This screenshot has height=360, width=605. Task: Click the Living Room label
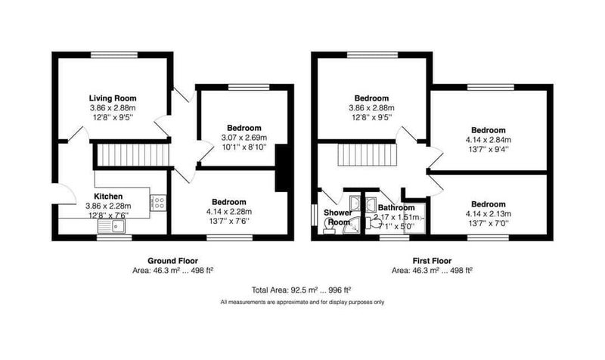point(113,98)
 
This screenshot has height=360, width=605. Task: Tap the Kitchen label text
point(108,197)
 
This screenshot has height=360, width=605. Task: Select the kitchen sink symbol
point(111,227)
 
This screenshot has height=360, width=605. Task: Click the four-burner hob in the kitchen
point(158,203)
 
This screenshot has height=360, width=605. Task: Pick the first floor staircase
point(368,155)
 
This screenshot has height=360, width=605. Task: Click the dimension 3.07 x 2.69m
point(244,138)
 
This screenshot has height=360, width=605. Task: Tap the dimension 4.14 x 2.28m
point(229,212)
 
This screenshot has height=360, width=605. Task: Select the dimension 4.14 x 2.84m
point(488,140)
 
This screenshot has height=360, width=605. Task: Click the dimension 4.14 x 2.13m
point(488,214)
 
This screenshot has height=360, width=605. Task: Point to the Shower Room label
point(338,217)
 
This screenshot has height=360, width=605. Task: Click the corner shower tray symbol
point(352,225)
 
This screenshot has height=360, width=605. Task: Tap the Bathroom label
point(396,207)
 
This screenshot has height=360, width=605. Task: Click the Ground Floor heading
point(173,261)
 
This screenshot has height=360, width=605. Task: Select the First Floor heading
point(432,261)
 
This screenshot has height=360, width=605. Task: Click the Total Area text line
point(301,290)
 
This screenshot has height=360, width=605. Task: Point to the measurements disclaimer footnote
point(302,302)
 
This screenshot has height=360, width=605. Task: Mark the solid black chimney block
point(282,167)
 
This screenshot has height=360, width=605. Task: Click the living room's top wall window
point(114,54)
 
